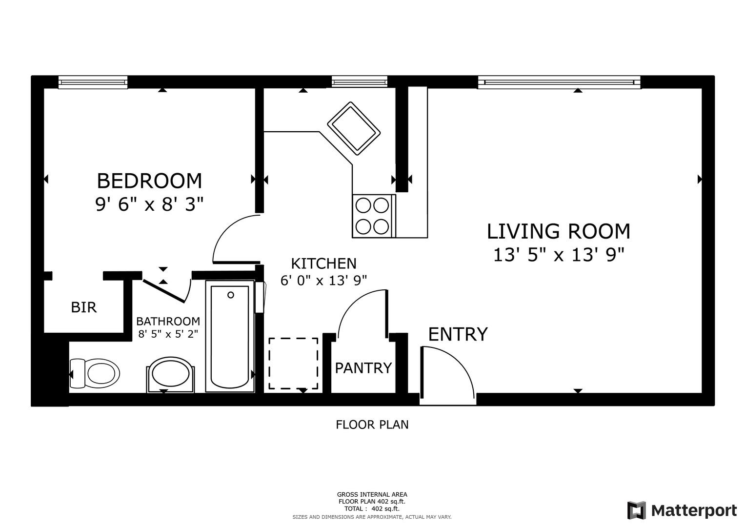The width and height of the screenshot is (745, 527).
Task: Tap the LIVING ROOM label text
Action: pyautogui.click(x=559, y=231)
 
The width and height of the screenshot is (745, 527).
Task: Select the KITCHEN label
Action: pyautogui.click(x=323, y=263)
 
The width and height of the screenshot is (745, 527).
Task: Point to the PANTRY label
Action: pyautogui.click(x=363, y=368)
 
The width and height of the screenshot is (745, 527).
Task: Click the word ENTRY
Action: pyautogui.click(x=458, y=334)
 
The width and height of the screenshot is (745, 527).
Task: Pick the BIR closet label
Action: pyautogui.click(x=84, y=307)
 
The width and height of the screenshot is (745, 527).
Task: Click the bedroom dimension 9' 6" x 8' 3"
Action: pyautogui.click(x=149, y=204)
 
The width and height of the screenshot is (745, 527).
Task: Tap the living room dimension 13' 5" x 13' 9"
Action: pyautogui.click(x=559, y=255)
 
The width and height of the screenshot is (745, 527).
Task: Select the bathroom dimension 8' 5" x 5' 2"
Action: pyautogui.click(x=168, y=334)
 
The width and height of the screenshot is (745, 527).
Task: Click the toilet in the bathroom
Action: pyautogui.click(x=95, y=373)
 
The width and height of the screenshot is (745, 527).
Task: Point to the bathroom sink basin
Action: pyautogui.click(x=171, y=373)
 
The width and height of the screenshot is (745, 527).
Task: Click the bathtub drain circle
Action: pyautogui.click(x=230, y=295)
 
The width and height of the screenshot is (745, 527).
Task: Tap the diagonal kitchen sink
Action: pyautogui.click(x=354, y=128)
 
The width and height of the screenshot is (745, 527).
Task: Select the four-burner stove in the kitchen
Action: pyautogui.click(x=374, y=216)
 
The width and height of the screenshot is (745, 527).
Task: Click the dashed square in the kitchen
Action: pyautogui.click(x=293, y=364)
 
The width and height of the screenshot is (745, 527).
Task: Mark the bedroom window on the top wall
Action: pyautogui.click(x=93, y=82)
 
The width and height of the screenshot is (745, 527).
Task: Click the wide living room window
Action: pyautogui.click(x=559, y=82)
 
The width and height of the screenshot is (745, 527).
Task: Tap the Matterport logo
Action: pyautogui.click(x=682, y=510)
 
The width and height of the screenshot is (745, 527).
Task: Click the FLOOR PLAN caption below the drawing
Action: pyautogui.click(x=372, y=425)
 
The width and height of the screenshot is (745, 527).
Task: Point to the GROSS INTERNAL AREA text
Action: pyautogui.click(x=372, y=495)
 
